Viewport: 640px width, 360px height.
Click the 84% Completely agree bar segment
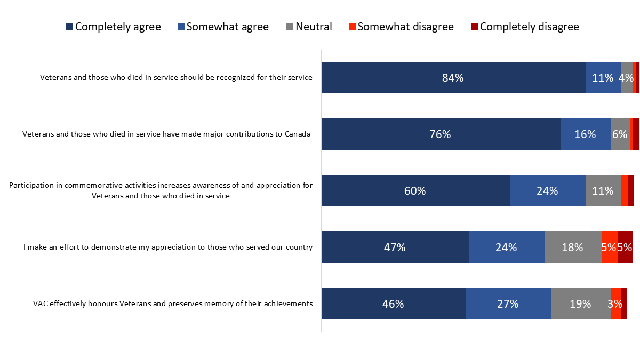pos(453,77)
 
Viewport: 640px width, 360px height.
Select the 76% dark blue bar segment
pos(441,134)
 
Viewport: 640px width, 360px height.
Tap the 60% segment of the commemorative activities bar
pos(415,190)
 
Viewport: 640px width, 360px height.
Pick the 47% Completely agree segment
pos(395,247)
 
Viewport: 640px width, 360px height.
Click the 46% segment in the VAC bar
pos(394,304)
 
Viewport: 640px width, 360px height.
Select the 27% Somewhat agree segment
pos(508,304)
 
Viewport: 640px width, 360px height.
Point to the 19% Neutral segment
pos(581,304)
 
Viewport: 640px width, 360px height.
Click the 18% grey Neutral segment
pos(573,247)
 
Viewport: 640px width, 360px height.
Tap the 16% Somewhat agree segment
pos(586,134)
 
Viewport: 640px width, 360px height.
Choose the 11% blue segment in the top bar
pos(603,77)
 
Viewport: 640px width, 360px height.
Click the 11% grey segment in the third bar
pos(603,190)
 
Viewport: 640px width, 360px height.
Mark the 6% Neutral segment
pos(620,134)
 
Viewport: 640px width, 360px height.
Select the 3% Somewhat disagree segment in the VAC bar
pos(615,304)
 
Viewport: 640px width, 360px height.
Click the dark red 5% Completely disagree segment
pos(625,247)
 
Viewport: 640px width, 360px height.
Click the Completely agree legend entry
pos(113,27)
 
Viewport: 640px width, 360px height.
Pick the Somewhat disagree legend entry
pos(401,27)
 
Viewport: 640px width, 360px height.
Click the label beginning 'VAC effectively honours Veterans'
pos(172,304)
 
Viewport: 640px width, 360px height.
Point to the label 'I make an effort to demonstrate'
pos(168,247)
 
